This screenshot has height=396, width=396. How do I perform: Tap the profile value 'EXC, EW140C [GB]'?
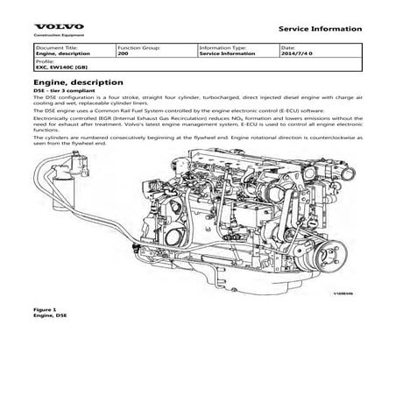point(60,67)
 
